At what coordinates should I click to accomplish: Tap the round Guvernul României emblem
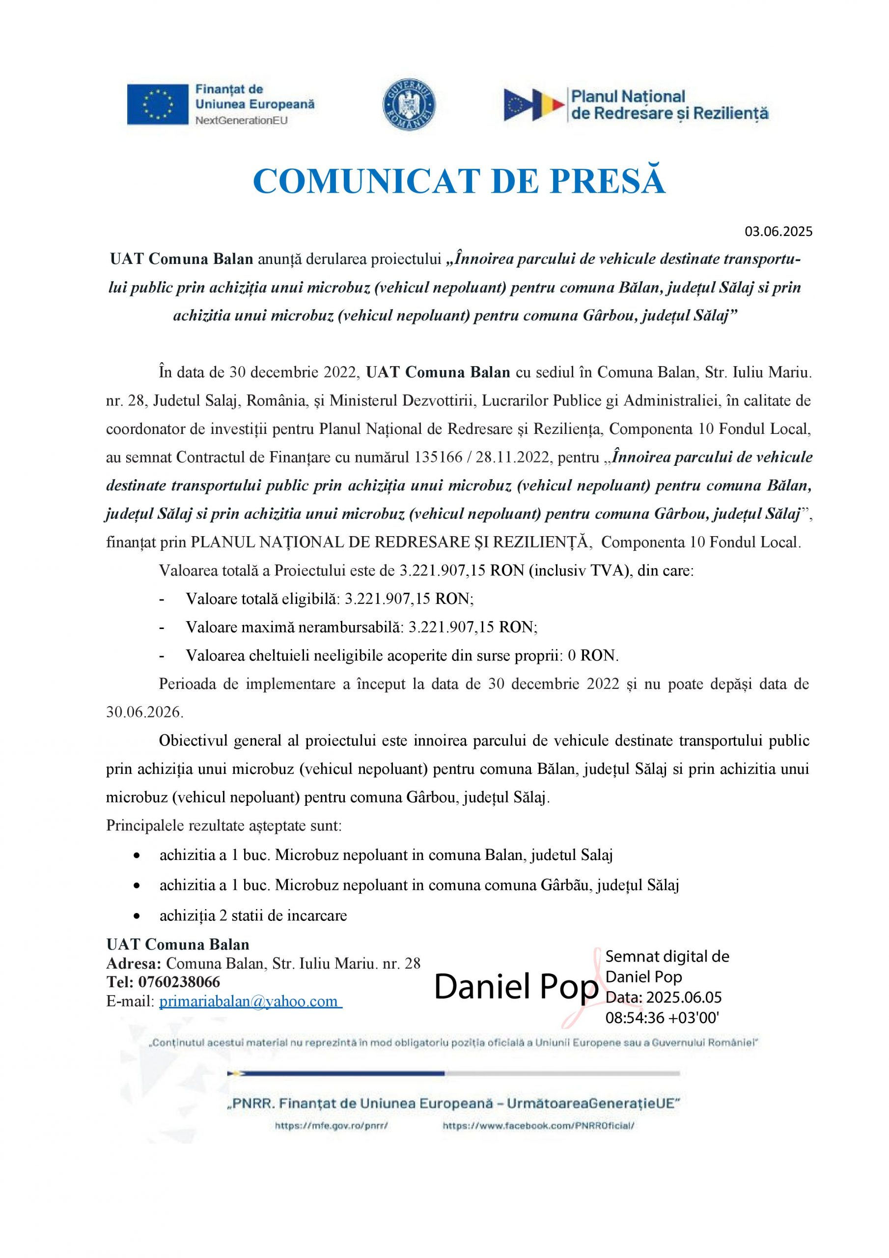408,104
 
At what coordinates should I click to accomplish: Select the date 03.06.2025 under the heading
778,231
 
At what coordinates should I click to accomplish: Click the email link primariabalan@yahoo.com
250,1001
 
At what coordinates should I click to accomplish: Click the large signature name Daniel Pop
516,988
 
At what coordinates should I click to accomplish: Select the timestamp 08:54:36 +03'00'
662,1018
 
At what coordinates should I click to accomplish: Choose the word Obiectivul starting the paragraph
193,741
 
